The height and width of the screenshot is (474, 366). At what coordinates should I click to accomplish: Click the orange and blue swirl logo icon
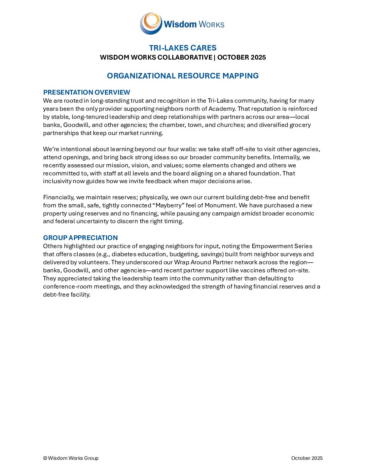pos(151,23)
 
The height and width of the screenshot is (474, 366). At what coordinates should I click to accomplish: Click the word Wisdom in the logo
pos(180,24)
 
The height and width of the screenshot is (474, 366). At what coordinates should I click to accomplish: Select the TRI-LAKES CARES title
pos(183,48)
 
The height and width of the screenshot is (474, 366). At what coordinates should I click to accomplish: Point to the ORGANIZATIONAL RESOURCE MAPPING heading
pos(183,76)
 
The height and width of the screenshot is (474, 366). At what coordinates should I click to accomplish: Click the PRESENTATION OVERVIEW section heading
pos(86,92)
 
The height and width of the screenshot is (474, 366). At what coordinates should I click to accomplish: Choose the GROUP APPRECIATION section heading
pos(80,238)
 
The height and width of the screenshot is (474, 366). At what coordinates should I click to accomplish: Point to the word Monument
pos(220,205)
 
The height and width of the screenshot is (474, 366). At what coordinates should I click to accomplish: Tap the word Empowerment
pos(270,246)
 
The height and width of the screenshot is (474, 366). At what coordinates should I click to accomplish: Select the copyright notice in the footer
pos(71,458)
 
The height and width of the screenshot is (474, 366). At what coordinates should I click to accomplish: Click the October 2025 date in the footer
pos(307,458)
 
